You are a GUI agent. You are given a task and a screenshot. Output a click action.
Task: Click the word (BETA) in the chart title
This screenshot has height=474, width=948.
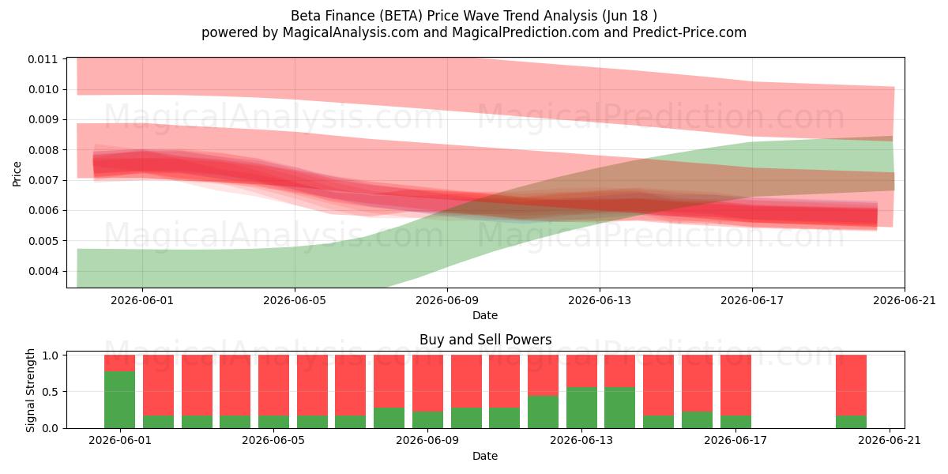coord(401,16)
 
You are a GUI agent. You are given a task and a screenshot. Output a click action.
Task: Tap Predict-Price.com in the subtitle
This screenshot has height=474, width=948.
coord(690,32)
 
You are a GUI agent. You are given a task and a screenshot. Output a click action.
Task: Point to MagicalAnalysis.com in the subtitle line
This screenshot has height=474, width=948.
coord(351,32)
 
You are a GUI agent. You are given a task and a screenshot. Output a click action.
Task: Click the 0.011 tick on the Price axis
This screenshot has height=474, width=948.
coord(43,59)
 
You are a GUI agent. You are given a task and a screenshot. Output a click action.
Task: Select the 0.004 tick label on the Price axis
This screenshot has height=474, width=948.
coord(43,271)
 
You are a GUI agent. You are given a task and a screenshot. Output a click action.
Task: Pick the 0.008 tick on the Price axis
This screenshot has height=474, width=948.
coord(43,150)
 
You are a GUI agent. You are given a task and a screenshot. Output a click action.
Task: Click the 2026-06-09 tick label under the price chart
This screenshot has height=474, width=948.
coord(447,300)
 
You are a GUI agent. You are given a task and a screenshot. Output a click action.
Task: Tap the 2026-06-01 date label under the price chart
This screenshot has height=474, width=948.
coord(142,300)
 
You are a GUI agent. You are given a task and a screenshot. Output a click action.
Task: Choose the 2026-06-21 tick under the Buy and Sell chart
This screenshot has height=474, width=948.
coord(890,441)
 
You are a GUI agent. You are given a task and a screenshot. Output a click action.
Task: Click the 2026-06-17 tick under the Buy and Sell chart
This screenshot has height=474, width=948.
coord(735,441)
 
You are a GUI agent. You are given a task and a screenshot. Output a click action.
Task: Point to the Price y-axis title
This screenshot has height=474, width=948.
coord(17,174)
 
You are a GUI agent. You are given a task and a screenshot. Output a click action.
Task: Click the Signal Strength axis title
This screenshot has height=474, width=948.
coord(30,390)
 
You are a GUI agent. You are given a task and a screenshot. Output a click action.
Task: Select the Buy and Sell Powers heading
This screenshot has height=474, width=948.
coord(485,340)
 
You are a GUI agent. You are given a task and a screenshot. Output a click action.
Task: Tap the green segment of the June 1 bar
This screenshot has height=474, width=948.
coord(120,400)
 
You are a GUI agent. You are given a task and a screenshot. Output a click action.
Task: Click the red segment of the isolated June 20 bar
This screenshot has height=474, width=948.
coord(851,386)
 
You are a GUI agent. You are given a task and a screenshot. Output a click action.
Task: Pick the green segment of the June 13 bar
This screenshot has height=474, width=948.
coord(581,408)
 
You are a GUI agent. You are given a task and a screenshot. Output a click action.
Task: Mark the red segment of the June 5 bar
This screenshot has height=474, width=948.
coord(274,386)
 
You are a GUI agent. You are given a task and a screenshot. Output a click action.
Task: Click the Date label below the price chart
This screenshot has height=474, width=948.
coord(485,315)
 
